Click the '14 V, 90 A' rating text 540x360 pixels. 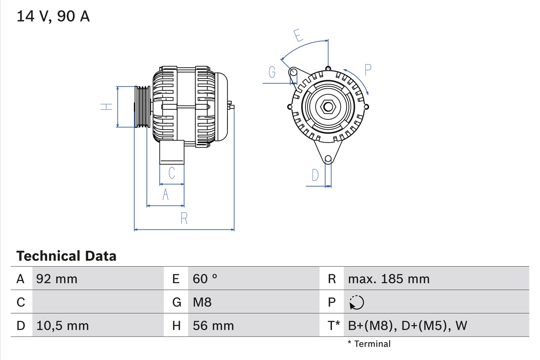coord(53,16)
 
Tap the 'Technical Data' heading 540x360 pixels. coord(66,256)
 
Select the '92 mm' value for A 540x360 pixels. coord(57,279)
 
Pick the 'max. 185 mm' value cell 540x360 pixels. coord(389,279)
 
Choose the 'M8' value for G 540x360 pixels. coord(202,302)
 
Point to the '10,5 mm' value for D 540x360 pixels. coord(62,326)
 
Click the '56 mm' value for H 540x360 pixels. coord(213,326)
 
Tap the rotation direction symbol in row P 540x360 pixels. coord(356,303)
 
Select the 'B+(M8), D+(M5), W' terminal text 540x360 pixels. coord(408,326)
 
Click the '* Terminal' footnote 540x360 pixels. coord(369,344)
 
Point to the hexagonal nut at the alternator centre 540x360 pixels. coord(328,106)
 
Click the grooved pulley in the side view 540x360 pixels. coord(142,107)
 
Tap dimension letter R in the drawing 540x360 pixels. coord(184,219)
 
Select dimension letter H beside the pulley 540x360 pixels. coord(107,107)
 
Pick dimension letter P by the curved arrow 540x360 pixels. coord(368,70)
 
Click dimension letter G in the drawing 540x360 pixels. coord(272,73)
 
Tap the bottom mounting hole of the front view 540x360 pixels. coord(328,159)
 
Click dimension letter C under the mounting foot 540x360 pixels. coord(172,173)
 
